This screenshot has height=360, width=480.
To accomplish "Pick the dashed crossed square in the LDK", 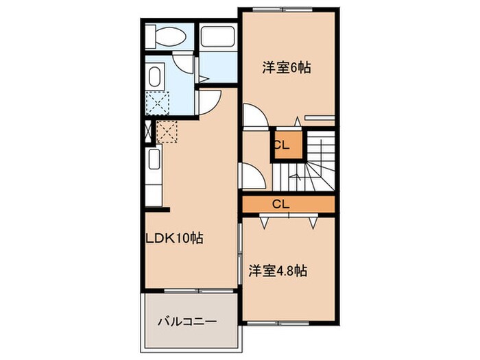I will click(168, 131).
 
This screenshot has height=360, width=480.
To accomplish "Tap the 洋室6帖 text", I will click(287, 68).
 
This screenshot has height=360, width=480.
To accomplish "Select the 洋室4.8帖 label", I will click(278, 270).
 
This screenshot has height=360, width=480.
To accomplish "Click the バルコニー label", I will click(187, 321).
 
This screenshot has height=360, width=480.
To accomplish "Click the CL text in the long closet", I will click(280, 204).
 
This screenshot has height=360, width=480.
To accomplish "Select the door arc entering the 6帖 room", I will click(252, 116).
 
